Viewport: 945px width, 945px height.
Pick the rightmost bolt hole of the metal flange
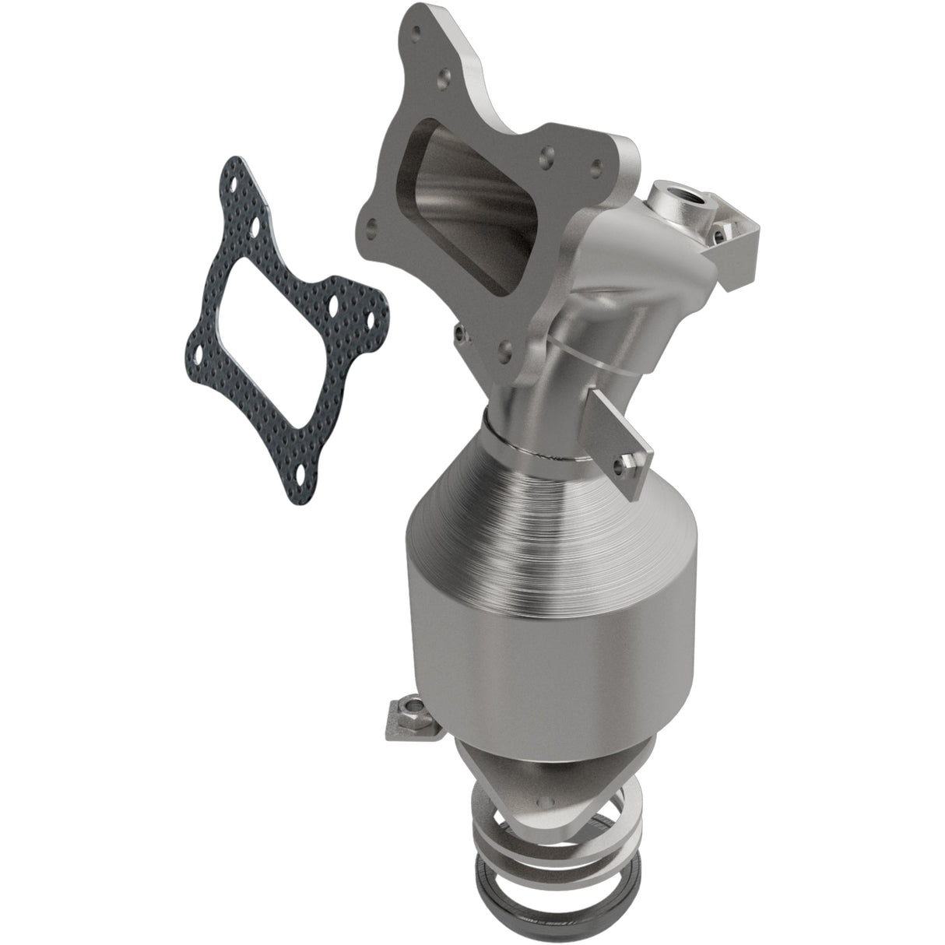596,164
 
